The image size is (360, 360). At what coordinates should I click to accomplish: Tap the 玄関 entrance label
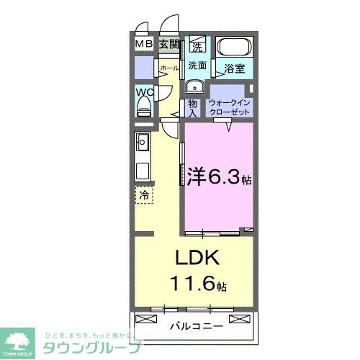[169, 45]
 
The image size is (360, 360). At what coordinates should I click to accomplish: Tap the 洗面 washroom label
[197, 66]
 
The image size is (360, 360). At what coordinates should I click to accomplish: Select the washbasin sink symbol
[194, 88]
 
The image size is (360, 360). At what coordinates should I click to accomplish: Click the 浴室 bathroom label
[234, 70]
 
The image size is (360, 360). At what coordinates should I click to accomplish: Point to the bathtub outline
[234, 51]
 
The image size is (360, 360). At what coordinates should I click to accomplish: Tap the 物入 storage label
[192, 108]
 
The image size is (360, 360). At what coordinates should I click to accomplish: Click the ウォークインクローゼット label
[230, 108]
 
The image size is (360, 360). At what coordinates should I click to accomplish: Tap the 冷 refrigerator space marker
[144, 194]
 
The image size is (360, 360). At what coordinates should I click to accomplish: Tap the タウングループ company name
[90, 346]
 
